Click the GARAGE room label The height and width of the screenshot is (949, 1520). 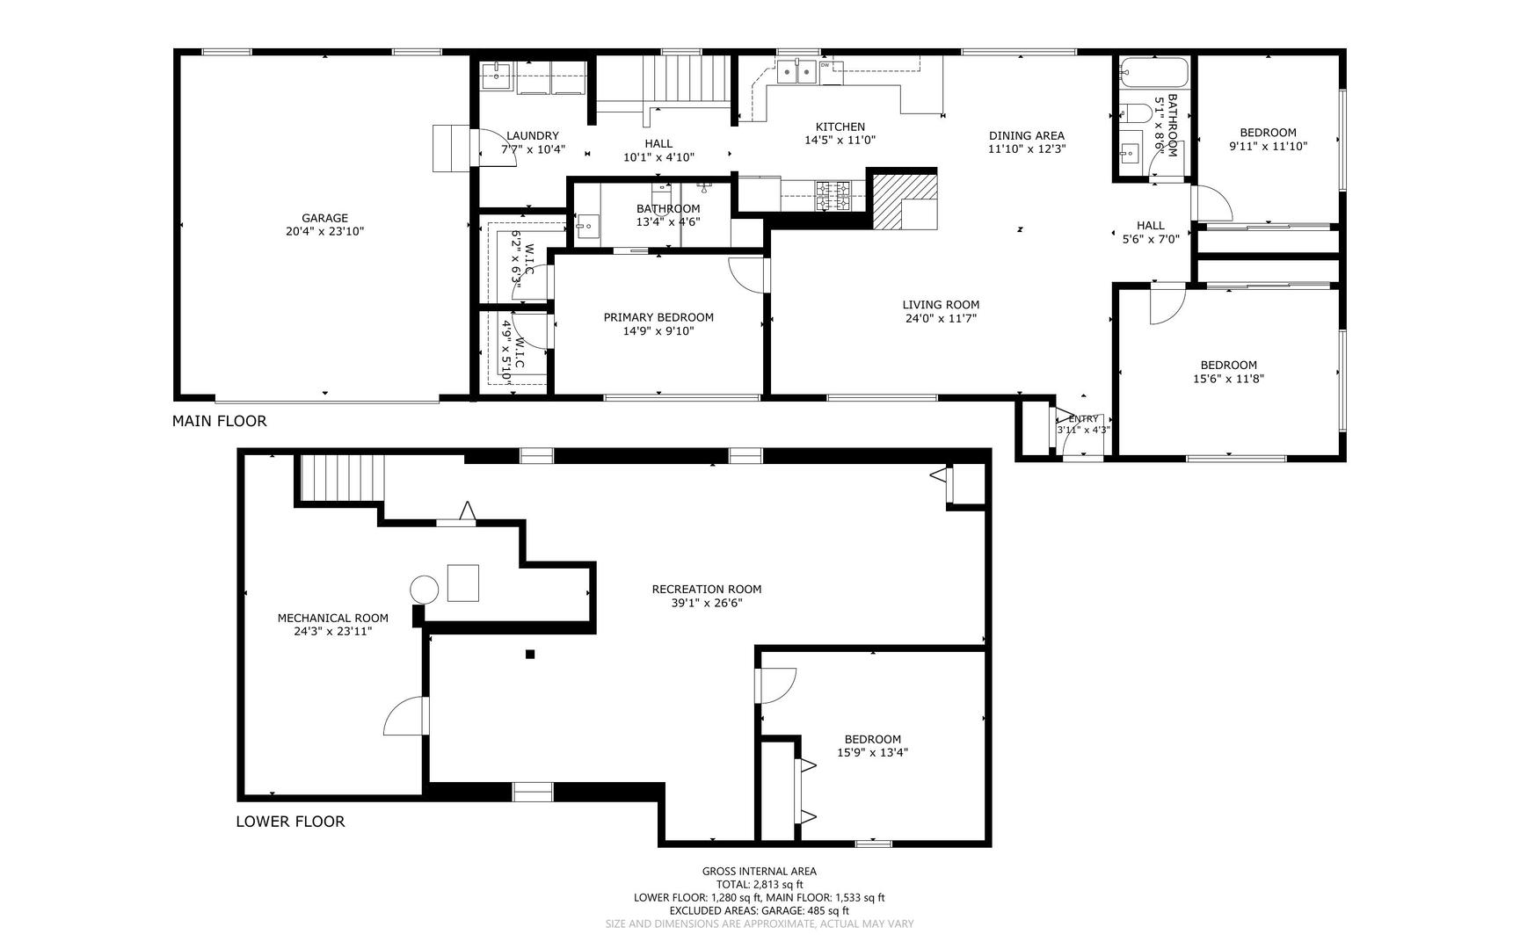(324, 218)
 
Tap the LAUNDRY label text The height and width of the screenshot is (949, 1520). (533, 135)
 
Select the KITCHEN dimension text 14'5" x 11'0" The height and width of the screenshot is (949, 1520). (840, 140)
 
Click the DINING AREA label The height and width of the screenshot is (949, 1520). (1026, 135)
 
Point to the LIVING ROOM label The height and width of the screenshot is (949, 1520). (941, 305)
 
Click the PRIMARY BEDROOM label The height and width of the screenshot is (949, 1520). (658, 317)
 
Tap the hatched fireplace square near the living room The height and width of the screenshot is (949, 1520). (904, 200)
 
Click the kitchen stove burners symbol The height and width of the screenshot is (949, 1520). (832, 195)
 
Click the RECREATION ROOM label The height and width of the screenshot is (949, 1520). (707, 589)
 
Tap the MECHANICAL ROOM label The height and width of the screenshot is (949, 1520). (333, 618)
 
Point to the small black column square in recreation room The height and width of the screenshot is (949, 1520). (530, 654)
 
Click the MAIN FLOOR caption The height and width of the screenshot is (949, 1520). (219, 421)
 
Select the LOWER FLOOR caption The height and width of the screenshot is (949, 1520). (290, 822)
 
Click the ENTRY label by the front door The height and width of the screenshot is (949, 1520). (1083, 419)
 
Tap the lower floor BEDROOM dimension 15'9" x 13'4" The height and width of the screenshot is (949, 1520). (873, 752)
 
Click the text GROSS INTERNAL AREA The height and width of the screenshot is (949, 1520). (760, 872)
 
